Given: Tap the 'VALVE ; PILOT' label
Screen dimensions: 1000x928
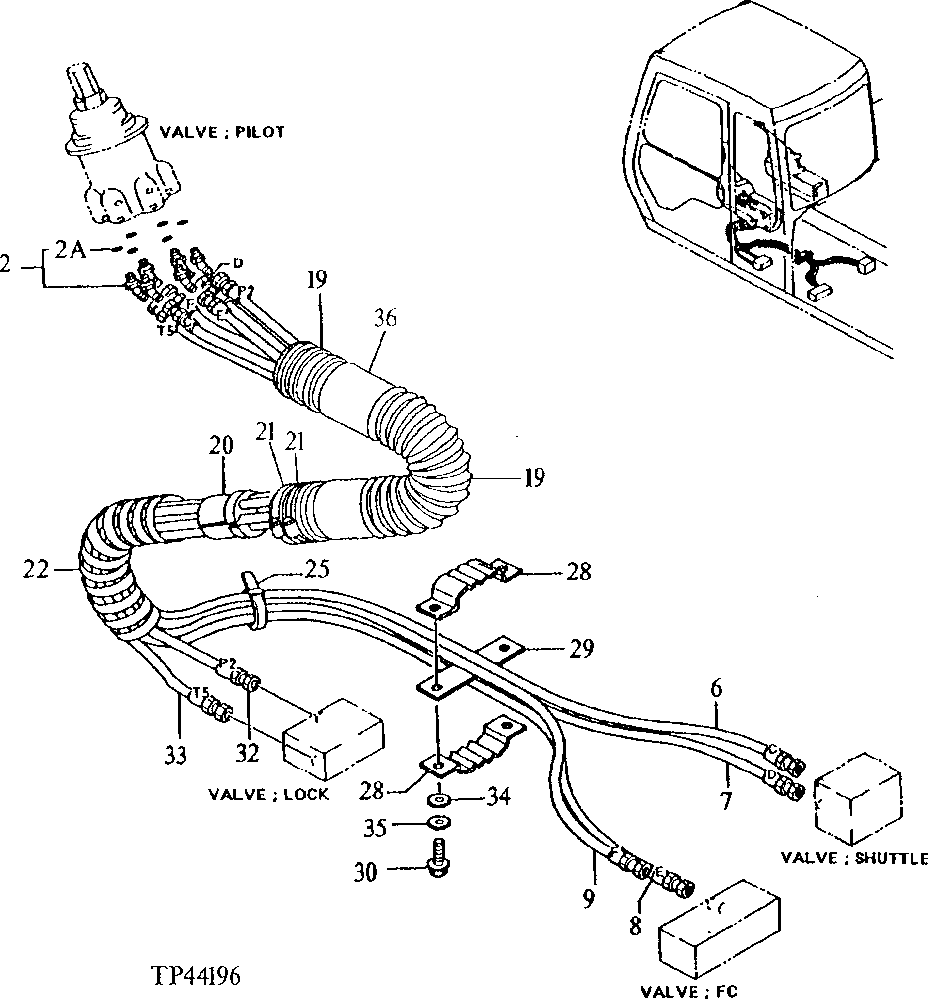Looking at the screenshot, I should tap(221, 132).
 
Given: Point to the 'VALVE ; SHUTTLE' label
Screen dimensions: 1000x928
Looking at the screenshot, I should tap(854, 858).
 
